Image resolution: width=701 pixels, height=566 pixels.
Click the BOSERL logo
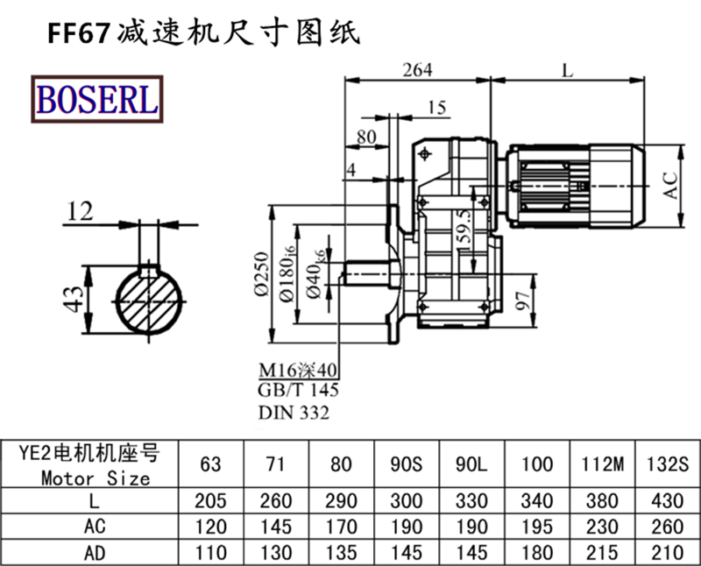tap(96, 99)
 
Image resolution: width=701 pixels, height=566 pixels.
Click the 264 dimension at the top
tap(416, 71)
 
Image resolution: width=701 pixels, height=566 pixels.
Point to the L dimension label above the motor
tap(568, 71)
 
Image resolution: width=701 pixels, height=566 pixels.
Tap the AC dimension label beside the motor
tap(670, 184)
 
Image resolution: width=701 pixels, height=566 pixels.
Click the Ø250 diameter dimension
tap(260, 277)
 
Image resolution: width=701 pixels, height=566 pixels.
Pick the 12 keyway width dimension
tap(81, 209)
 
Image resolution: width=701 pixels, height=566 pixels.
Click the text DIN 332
tap(294, 413)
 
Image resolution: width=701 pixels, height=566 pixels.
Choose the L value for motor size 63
tap(211, 500)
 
